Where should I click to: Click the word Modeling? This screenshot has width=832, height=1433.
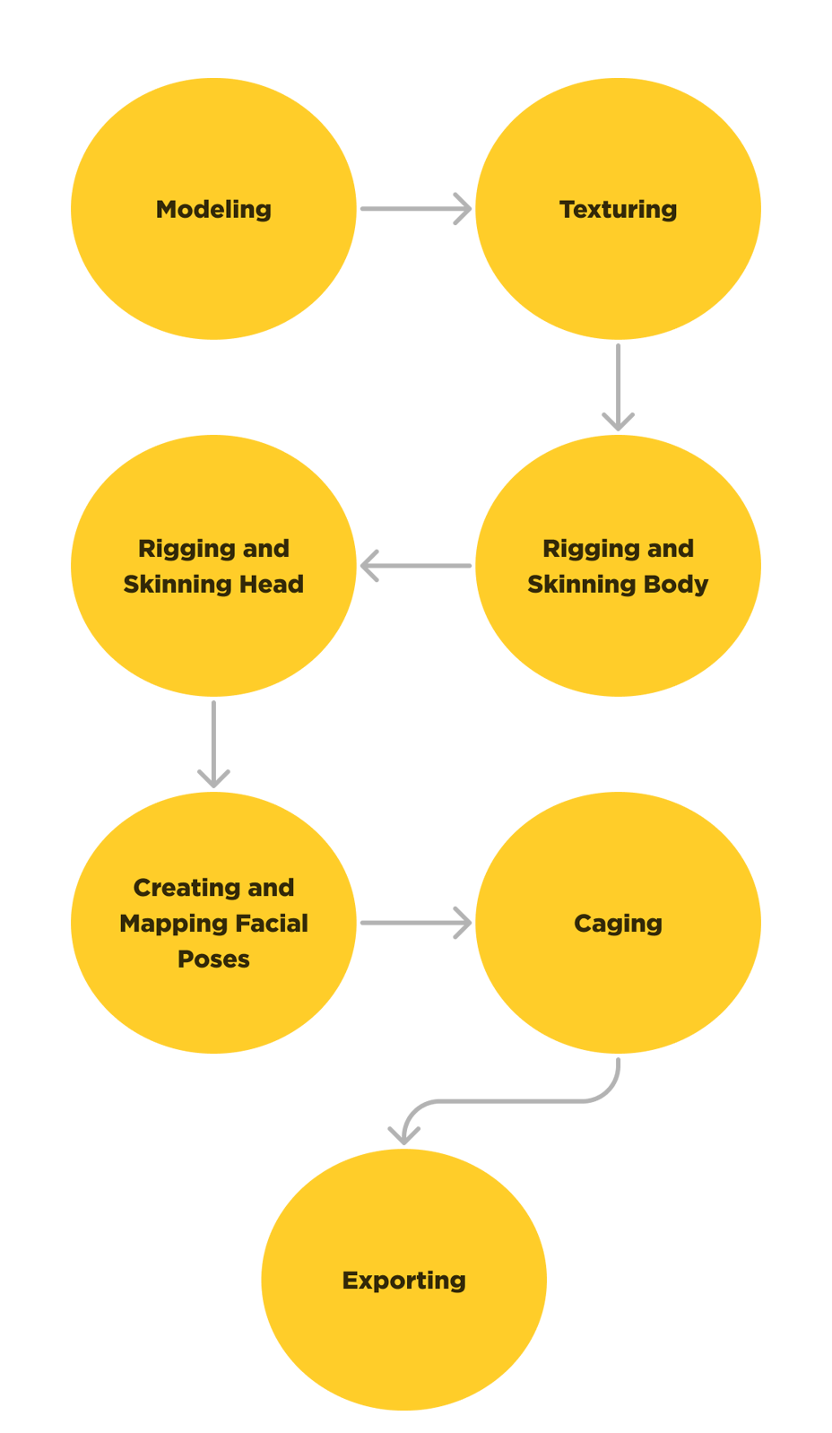coord(213,210)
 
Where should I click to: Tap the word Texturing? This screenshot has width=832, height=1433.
coord(618,210)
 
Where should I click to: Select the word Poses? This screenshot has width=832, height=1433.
coord(213,960)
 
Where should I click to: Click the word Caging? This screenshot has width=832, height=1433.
coord(618,924)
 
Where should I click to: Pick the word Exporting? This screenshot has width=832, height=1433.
coord(403,1281)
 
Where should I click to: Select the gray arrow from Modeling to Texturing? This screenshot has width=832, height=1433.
coord(414,207)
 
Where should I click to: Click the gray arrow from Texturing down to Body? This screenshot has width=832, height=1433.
coord(618,386)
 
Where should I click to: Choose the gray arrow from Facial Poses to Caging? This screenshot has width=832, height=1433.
coord(414,921)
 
